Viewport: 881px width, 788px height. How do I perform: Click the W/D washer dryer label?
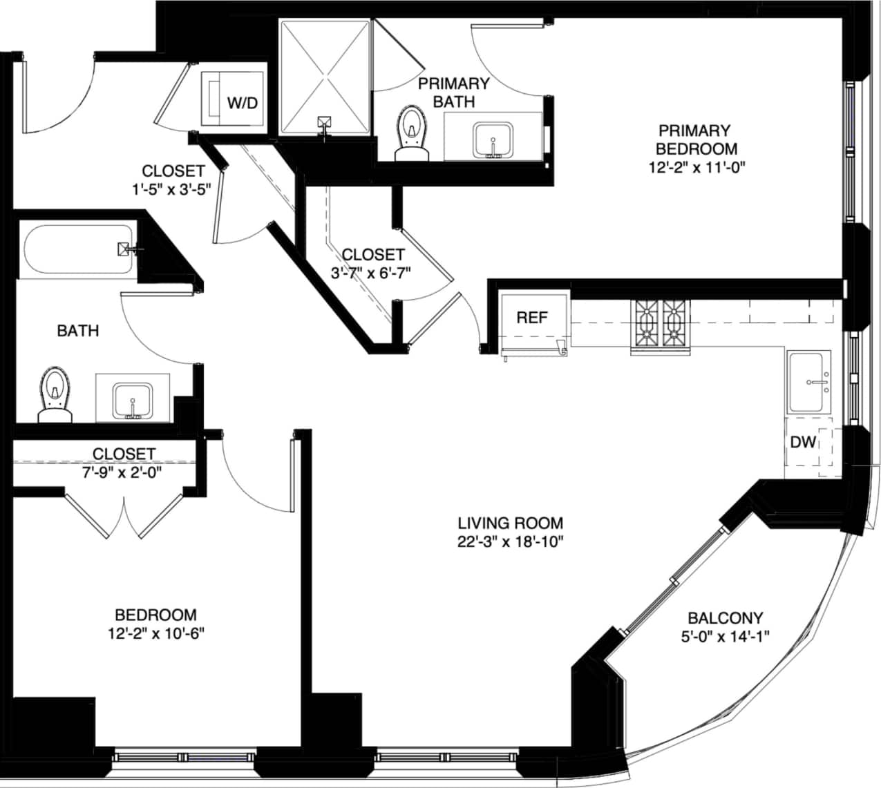click(x=243, y=103)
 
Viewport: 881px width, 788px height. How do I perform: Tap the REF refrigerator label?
click(x=532, y=317)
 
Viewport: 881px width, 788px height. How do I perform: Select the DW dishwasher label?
click(x=803, y=442)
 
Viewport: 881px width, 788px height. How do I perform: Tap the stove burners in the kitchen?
click(x=660, y=325)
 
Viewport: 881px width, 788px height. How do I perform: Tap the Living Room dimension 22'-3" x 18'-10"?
click(x=511, y=541)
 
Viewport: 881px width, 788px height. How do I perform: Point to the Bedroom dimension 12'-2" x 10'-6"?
click(x=155, y=633)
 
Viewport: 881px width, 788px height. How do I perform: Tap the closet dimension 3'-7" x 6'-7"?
click(x=371, y=273)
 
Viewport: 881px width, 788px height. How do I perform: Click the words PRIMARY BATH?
click(x=454, y=93)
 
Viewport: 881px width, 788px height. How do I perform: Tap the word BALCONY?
click(x=725, y=618)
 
